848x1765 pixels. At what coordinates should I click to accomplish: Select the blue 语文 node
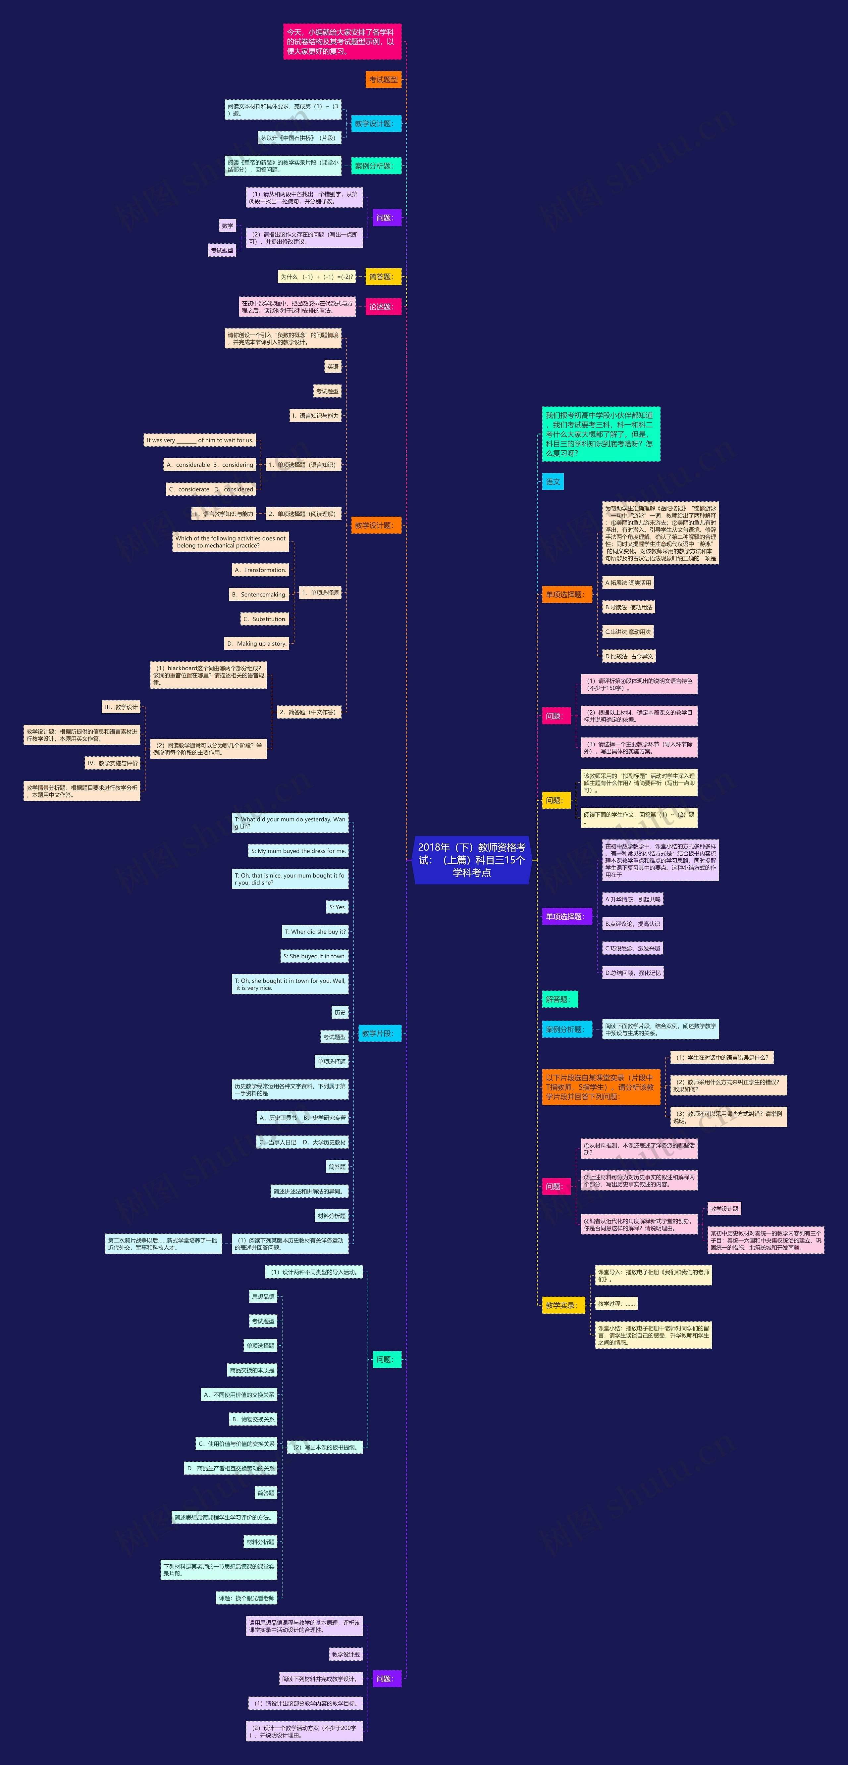point(553,482)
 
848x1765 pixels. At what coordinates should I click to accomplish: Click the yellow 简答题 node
point(383,277)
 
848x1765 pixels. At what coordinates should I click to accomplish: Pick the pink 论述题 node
point(383,307)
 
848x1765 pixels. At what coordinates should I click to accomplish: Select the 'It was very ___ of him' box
point(199,440)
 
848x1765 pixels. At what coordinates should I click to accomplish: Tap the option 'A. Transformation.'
point(260,570)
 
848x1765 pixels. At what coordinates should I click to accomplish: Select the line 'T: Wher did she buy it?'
point(315,932)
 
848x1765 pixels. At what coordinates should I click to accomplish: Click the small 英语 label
point(333,367)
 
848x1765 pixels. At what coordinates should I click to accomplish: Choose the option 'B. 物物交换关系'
point(253,1419)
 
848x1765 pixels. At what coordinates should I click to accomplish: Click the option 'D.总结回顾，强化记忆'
point(633,973)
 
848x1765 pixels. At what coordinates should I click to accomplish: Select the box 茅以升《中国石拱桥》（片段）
point(299,138)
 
